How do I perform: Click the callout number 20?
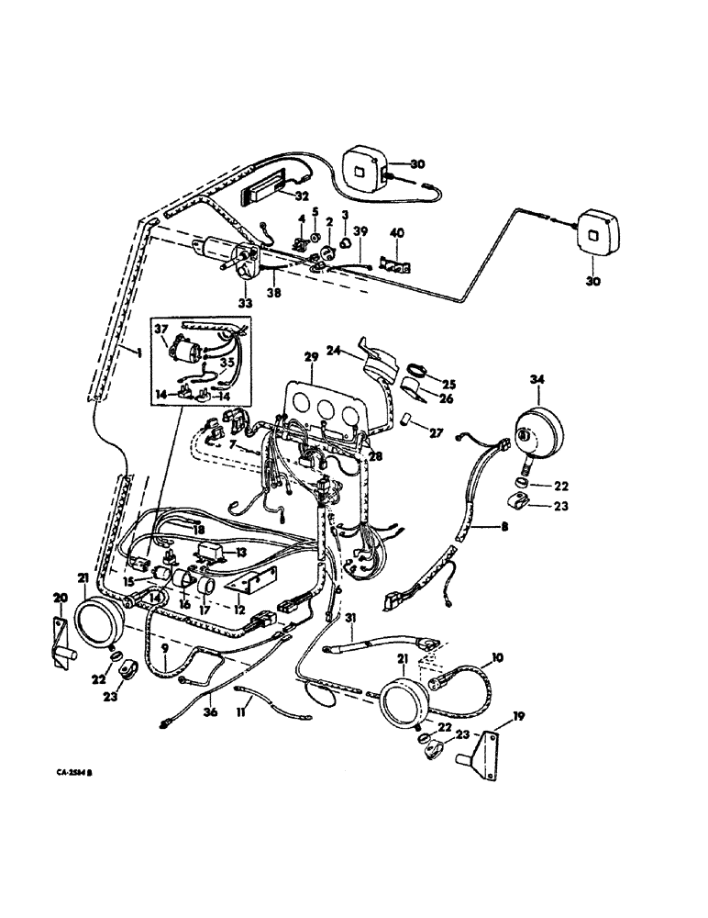click(x=61, y=597)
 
